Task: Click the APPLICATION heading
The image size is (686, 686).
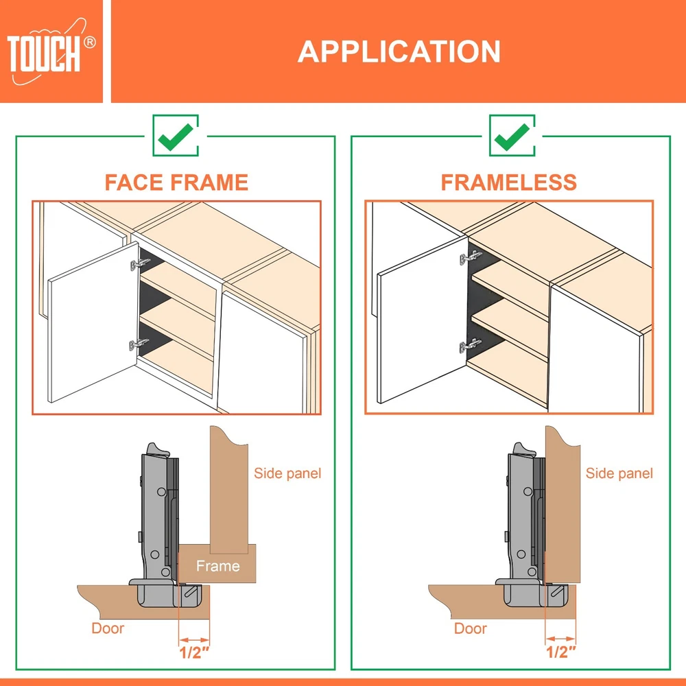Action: pos(399,51)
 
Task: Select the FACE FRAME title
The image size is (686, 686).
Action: pos(176,182)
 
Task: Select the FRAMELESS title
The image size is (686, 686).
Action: pos(509,182)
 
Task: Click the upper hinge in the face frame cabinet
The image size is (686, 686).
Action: pos(140,264)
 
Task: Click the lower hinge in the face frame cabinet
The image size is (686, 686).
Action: pos(139,344)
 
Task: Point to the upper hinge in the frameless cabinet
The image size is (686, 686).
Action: pos(471,257)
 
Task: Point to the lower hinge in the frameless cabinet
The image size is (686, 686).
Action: pos(471,346)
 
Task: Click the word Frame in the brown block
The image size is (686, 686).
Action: pos(218,566)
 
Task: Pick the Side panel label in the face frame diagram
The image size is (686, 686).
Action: pos(287,473)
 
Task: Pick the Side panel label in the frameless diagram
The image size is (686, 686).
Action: pos(619,473)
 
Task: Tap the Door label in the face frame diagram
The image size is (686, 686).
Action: pos(108,628)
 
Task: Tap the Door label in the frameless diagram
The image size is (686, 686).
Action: pos(471,628)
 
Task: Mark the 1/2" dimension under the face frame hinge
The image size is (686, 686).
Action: pos(194,652)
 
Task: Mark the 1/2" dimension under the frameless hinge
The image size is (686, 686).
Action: pos(561,652)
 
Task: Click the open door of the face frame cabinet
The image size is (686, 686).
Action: pos(93,322)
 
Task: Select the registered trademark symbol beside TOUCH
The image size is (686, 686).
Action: pos(90,43)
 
